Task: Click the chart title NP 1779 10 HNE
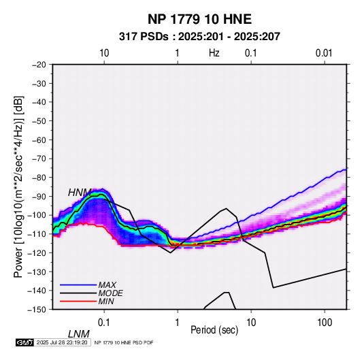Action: tap(199, 19)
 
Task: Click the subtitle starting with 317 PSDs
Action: tap(199, 37)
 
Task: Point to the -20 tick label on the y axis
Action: tap(39, 65)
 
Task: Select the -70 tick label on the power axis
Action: tap(39, 159)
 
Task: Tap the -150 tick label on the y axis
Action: tap(37, 310)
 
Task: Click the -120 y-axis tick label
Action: tap(37, 252)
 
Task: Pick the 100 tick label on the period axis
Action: tap(325, 323)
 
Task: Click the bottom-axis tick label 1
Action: tap(178, 323)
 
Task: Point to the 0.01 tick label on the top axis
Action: tap(324, 53)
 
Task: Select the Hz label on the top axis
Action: tap(214, 53)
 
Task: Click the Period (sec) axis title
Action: tap(214, 330)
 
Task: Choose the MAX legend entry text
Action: tap(107, 285)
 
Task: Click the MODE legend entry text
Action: tap(110, 293)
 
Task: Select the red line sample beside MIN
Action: tap(78, 301)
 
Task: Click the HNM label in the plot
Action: tap(80, 193)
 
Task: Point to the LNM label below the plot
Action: tap(79, 334)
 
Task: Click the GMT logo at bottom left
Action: tap(24, 342)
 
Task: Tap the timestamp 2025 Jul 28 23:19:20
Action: tap(62, 342)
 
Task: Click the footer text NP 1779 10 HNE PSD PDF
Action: tap(124, 342)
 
